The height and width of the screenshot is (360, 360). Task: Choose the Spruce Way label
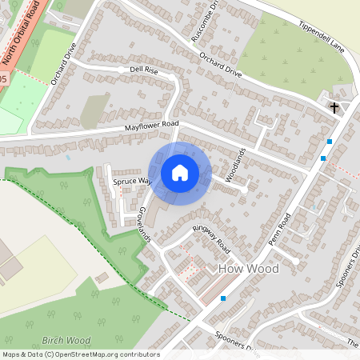tap(131, 181)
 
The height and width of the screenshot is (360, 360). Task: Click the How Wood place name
tap(248, 269)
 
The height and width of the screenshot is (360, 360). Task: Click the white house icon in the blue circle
tap(179, 172)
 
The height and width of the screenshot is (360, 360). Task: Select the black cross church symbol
tap(334, 106)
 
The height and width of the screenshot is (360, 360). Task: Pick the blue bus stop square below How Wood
tap(223, 298)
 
